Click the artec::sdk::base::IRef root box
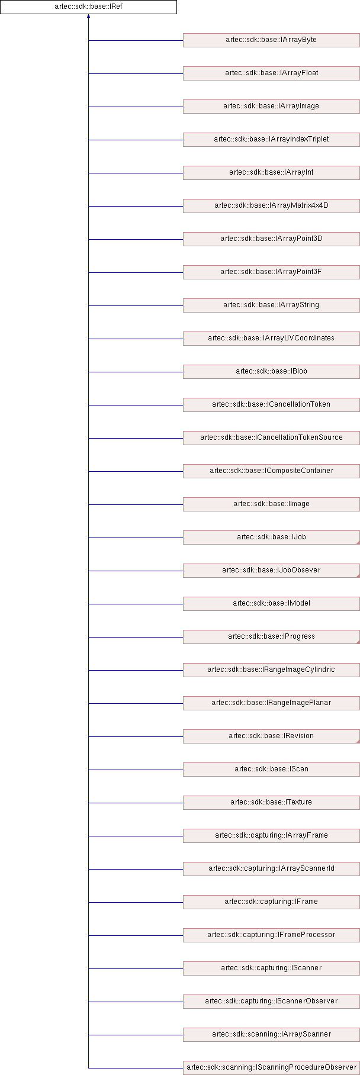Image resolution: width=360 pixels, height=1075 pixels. pos(88,7)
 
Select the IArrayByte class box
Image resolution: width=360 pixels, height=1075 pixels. pos(271,40)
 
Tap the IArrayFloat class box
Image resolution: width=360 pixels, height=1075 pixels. pos(271,73)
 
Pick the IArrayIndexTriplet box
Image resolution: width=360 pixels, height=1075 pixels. pos(271,140)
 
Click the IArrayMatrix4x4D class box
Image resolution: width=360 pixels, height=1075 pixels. pos(271,206)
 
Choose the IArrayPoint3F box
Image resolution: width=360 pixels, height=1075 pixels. pos(271,272)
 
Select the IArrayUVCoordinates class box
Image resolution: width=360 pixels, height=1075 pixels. pos(271,339)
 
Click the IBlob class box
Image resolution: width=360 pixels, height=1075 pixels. pos(271,372)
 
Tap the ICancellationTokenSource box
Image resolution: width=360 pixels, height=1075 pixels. pos(271,438)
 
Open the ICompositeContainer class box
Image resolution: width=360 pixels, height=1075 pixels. pos(271,471)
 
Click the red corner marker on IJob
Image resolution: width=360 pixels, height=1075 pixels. pos(358,542)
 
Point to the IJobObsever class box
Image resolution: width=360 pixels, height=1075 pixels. pos(271,571)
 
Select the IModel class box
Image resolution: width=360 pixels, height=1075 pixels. pos(271,604)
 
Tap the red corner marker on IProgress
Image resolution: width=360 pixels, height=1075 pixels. pos(358,642)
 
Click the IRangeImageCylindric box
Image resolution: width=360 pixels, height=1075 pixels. pos(271,670)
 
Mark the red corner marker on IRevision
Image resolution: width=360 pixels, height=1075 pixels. pos(358,741)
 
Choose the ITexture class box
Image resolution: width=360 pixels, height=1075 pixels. pos(271,803)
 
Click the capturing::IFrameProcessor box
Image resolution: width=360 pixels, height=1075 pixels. pos(271,935)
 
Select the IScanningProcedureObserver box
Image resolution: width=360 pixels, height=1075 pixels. pos(271,1068)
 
